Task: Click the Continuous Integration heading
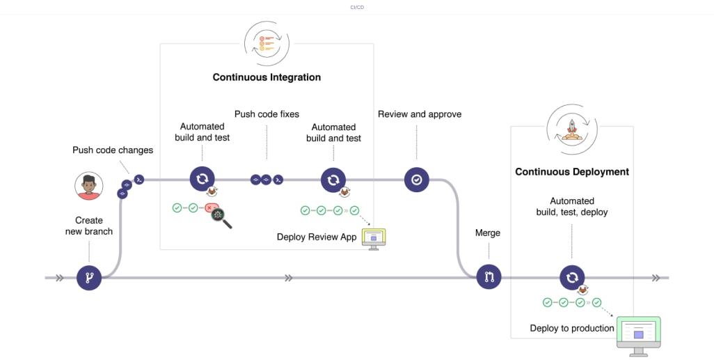(x=267, y=77)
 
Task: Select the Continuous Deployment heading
(x=571, y=171)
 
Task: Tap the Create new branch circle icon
(x=89, y=278)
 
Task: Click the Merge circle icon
(x=489, y=277)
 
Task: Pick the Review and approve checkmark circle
(x=416, y=180)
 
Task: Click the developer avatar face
(x=88, y=187)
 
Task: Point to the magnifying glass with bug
(x=221, y=217)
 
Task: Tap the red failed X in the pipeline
(x=209, y=208)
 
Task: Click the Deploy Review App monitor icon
(x=373, y=238)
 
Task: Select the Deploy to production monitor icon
(x=638, y=336)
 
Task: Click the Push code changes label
(x=113, y=150)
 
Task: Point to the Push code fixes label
(x=267, y=114)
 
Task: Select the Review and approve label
(x=420, y=114)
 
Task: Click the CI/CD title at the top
(x=356, y=7)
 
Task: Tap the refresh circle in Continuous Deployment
(x=571, y=277)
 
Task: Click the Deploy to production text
(x=572, y=328)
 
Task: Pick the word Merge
(x=487, y=233)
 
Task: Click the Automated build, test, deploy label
(x=572, y=207)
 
